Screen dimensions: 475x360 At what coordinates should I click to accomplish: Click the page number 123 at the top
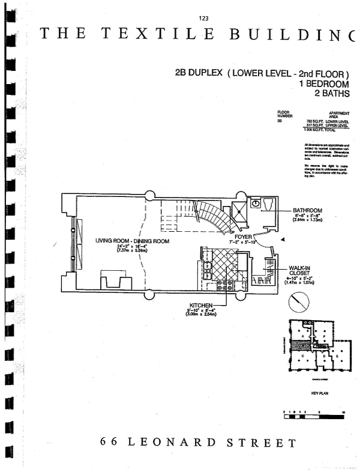(203, 17)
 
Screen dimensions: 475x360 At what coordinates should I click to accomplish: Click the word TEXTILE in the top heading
(158, 34)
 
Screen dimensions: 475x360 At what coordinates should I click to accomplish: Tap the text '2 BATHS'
(331, 94)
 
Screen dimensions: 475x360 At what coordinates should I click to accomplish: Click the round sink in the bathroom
(255, 203)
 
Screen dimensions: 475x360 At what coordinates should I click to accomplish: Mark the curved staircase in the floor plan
(214, 217)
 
